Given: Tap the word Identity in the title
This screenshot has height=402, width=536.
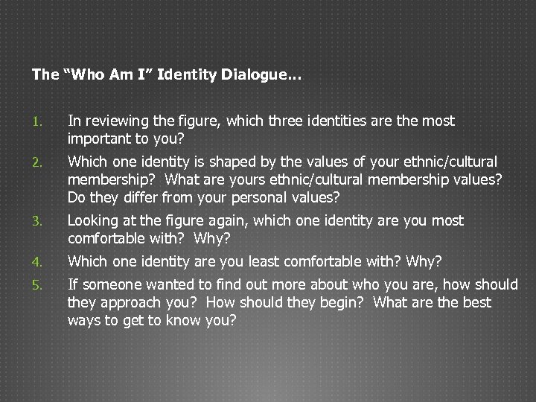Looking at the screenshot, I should (x=194, y=75).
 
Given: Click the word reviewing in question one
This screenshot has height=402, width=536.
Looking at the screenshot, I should (x=108, y=121).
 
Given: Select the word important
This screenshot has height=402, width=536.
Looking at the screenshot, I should (x=97, y=138).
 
